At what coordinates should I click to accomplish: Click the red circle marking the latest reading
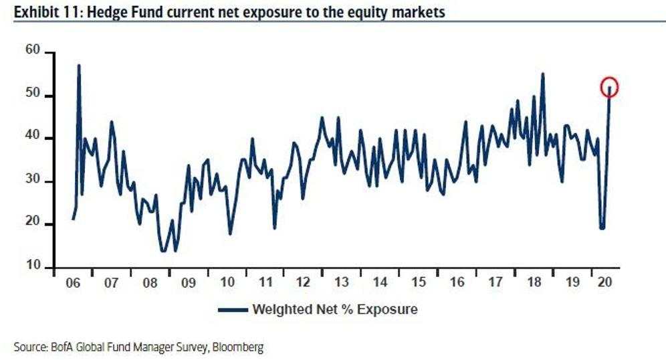pyautogui.click(x=609, y=87)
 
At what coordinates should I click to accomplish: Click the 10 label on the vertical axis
pyautogui.click(x=34, y=267)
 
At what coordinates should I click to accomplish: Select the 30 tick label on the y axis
pyautogui.click(x=34, y=181)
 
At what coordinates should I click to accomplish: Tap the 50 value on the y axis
pyautogui.click(x=34, y=96)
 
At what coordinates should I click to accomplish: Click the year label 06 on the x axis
pyautogui.click(x=73, y=282)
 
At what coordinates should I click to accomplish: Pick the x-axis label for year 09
pyautogui.click(x=189, y=282)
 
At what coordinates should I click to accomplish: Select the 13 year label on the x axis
pyautogui.click(x=342, y=282)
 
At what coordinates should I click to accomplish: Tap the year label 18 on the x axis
pyautogui.click(x=534, y=282)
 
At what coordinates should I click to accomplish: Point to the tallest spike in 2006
pyautogui.click(x=79, y=66)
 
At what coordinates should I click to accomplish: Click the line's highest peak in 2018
pyautogui.click(x=542, y=74)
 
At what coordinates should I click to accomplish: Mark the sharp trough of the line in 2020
pyautogui.click(x=602, y=228)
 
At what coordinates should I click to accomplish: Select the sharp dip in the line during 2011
pyautogui.click(x=275, y=228)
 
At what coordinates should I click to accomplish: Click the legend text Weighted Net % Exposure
pyautogui.click(x=334, y=309)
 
